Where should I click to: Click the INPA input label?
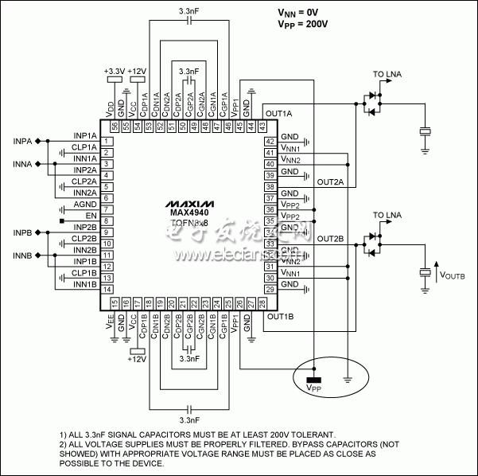point(23,141)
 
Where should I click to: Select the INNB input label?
point(23,257)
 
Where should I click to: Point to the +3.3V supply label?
point(115,71)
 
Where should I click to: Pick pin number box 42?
point(270,141)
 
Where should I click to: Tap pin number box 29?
point(270,290)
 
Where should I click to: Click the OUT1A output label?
point(279,113)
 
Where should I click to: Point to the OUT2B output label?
point(330,239)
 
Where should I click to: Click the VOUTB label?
point(454,275)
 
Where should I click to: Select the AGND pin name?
point(85,205)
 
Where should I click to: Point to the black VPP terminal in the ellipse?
point(314,379)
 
